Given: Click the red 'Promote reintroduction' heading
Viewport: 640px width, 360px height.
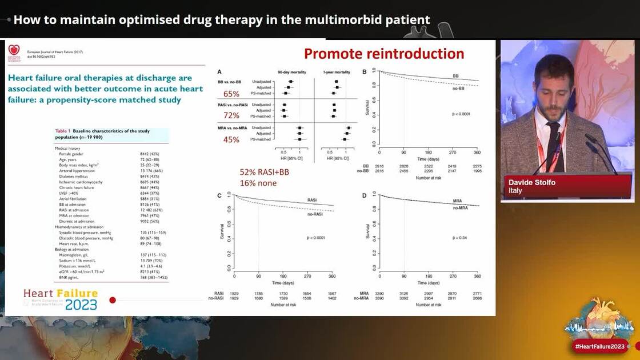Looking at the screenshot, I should (384, 54).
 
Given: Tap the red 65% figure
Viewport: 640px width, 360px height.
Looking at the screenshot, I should (231, 94).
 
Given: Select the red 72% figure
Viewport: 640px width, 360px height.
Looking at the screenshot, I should (231, 115).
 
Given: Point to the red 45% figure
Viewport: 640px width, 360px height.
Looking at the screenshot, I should (231, 139).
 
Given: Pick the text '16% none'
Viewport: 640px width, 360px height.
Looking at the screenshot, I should (258, 183).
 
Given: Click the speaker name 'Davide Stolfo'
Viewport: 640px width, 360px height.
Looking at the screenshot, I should (532, 182).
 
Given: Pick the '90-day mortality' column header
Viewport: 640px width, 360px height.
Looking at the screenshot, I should (291, 72).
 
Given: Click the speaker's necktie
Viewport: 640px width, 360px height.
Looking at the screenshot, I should (553, 146).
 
